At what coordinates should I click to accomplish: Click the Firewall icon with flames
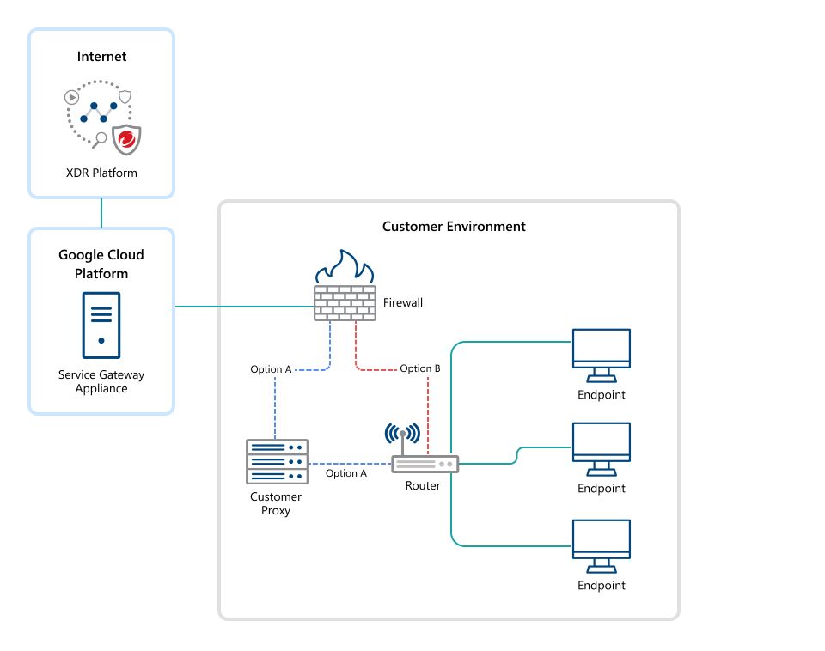tap(344, 288)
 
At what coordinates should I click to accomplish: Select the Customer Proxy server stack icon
tap(277, 461)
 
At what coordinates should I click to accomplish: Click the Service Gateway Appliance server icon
tap(101, 325)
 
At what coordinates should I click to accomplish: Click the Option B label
tap(419, 368)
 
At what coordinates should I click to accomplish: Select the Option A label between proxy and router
tap(346, 473)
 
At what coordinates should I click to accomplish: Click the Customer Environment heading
tap(454, 227)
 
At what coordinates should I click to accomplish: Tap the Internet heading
tap(101, 57)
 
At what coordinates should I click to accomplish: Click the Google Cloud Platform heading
tap(101, 264)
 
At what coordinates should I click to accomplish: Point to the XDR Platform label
tap(101, 173)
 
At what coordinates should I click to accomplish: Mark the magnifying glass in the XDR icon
tap(100, 138)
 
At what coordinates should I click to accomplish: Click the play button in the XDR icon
tap(73, 97)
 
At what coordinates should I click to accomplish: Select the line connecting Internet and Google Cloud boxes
tap(101, 213)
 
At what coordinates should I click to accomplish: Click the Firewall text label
tap(402, 302)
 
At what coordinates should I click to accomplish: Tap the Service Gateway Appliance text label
tap(101, 381)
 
